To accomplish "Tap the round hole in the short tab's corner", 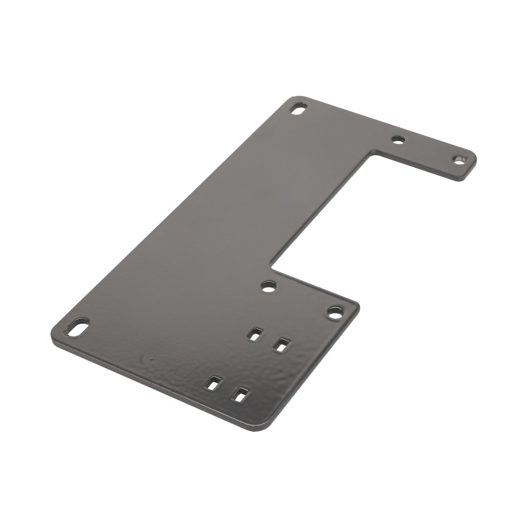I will coord(334,314).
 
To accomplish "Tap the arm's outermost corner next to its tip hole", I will coord(474,157).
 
